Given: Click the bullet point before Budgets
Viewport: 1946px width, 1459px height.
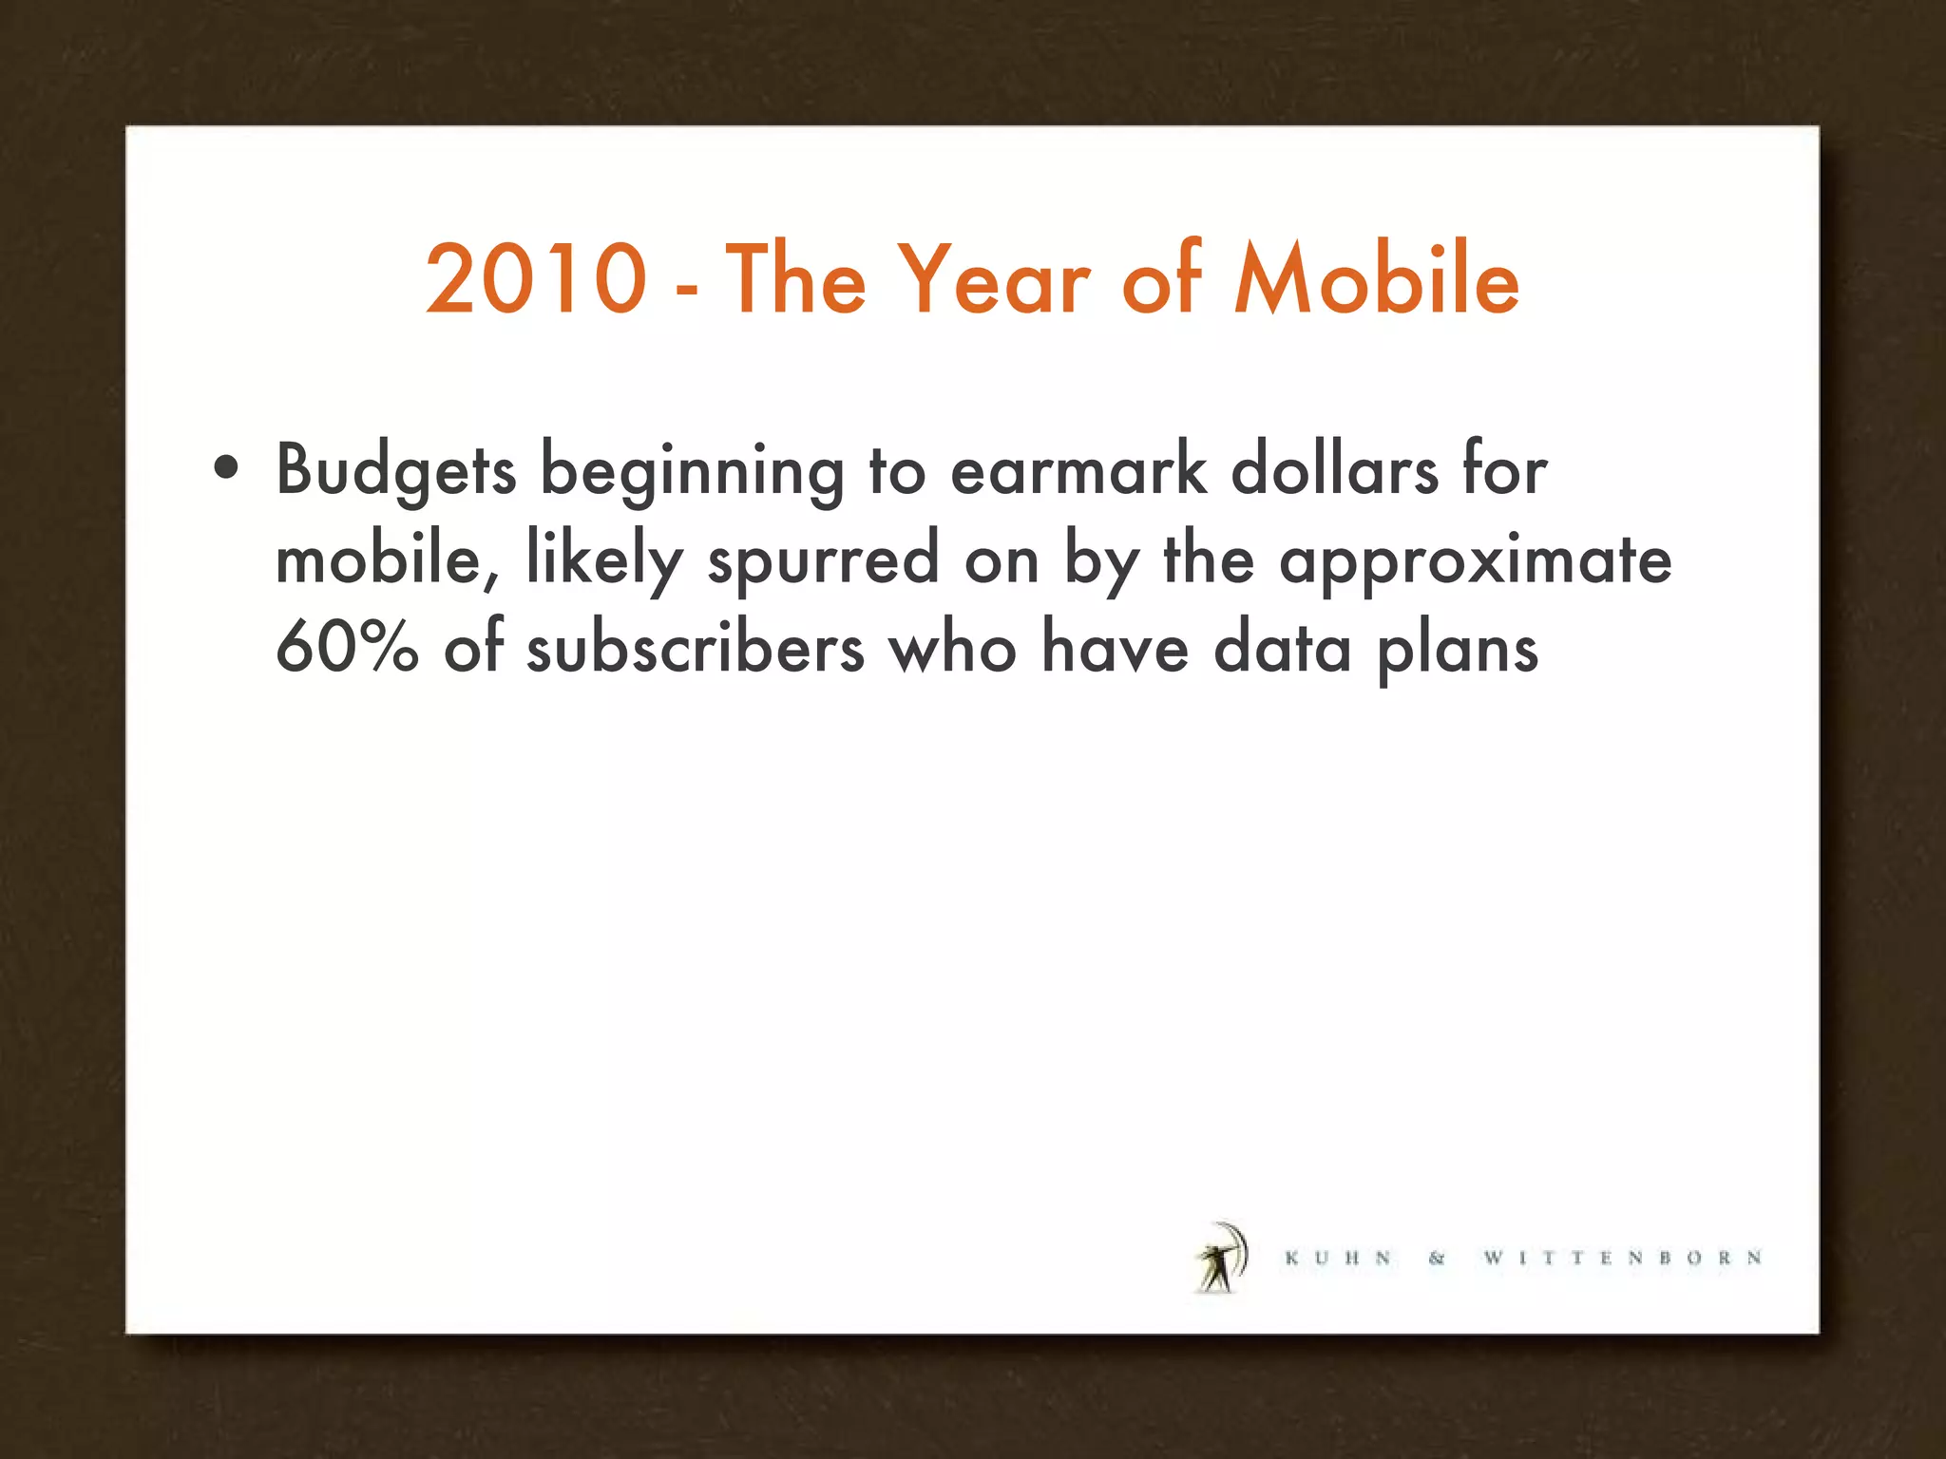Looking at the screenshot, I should click(x=226, y=467).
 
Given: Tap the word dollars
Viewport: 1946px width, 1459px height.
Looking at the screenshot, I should click(x=1334, y=468).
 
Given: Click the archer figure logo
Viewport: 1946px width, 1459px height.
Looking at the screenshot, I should click(x=1220, y=1258).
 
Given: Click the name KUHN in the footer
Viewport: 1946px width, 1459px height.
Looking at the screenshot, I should click(x=1338, y=1259).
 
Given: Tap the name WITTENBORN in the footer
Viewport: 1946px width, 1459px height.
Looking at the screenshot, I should click(x=1623, y=1259).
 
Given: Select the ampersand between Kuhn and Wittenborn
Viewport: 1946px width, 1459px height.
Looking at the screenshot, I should click(x=1437, y=1259).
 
